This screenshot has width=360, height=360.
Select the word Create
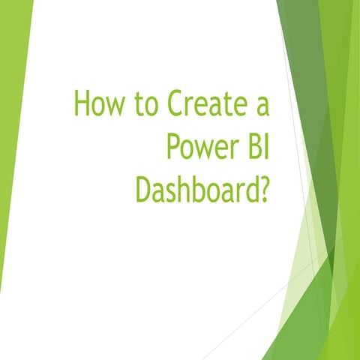point(200,104)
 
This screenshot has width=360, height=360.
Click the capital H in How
point(82,104)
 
